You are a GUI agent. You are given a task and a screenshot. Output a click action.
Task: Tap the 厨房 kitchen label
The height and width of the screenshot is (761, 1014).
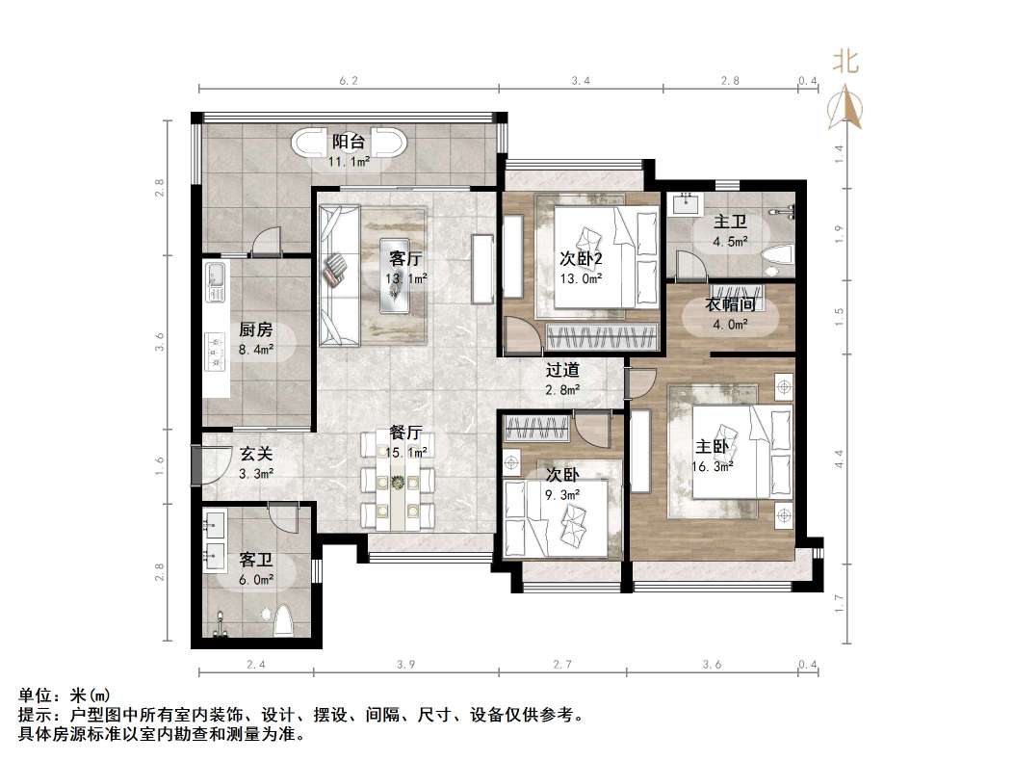click(256, 329)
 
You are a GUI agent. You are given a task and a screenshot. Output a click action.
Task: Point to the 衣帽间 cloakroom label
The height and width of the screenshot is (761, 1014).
click(729, 304)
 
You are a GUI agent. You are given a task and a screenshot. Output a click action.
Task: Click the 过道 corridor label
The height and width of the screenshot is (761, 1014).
click(562, 369)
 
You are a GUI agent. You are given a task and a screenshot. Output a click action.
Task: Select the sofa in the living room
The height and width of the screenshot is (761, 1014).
click(336, 275)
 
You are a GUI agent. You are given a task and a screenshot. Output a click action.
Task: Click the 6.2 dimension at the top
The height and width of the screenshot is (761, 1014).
click(349, 81)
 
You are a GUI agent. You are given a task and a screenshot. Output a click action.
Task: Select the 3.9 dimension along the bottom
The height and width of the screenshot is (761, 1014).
click(405, 665)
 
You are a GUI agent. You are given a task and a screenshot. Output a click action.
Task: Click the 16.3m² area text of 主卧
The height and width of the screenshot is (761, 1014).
click(714, 466)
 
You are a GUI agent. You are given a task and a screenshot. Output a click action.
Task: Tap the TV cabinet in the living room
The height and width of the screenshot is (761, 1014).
click(481, 266)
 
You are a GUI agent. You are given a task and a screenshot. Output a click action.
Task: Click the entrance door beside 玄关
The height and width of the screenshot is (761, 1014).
click(196, 465)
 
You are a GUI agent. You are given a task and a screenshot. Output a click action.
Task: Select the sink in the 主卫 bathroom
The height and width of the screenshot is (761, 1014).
click(688, 202)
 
